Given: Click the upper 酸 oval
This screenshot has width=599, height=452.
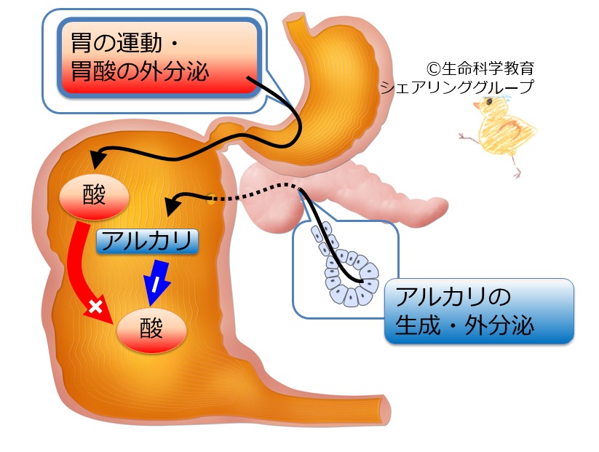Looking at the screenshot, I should pos(94,197).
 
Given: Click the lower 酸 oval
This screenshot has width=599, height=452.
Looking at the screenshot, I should pos(153,331).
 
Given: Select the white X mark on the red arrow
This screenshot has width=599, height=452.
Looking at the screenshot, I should pos(95,307).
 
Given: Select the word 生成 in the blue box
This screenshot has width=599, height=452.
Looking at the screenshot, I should pos(420,325).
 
